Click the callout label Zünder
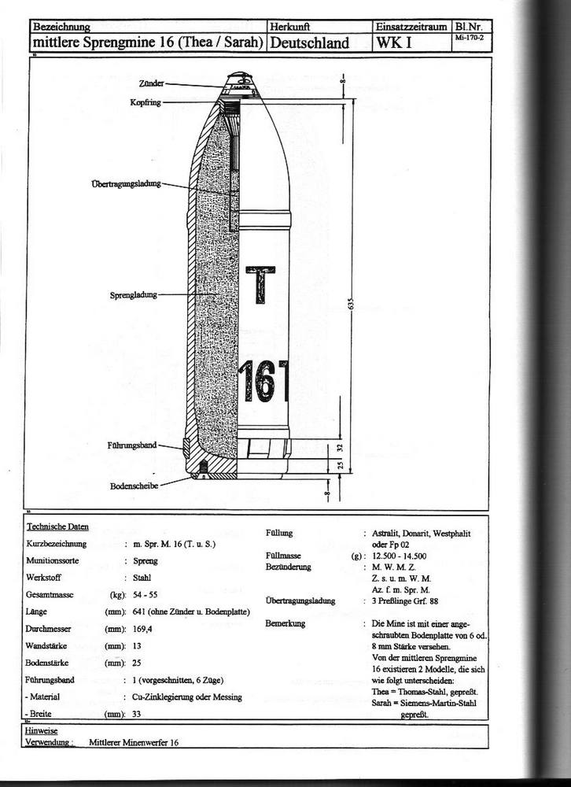151,83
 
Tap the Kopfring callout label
146,102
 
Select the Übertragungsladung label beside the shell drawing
126,183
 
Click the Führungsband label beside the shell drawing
132,445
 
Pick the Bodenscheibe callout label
134,486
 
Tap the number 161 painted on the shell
265,379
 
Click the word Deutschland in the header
309,42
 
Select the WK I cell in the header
391,42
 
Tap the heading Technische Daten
57,527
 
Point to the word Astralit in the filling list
385,534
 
